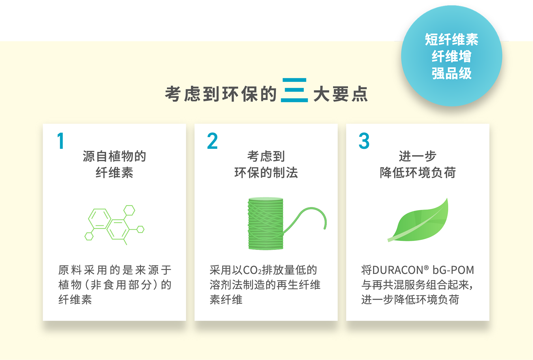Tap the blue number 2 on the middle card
point(212,141)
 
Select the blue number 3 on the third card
point(364,141)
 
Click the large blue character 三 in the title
point(294,90)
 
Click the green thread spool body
point(266,224)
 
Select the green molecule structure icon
point(114,225)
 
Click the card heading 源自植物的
point(114,156)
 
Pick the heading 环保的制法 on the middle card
point(266,172)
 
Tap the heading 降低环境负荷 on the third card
point(418,172)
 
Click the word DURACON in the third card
point(398,270)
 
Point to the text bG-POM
point(453,270)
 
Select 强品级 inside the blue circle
point(452,73)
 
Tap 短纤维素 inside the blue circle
point(452,39)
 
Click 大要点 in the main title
point(341,94)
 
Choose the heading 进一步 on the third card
point(418,156)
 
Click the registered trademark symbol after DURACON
point(426,268)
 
